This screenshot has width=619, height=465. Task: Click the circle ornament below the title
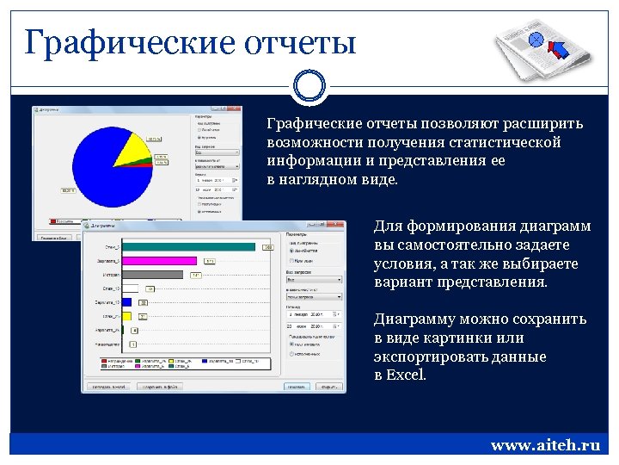point(309,86)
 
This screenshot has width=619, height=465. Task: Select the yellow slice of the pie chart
point(132,151)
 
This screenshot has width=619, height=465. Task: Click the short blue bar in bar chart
point(127,302)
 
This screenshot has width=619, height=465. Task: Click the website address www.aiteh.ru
point(544,445)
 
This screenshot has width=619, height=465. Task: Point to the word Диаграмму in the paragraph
point(419,319)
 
